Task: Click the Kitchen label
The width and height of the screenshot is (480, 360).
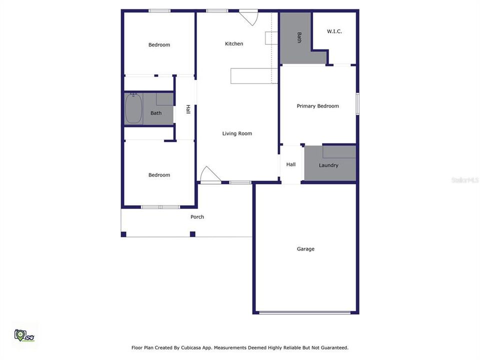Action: [234, 44]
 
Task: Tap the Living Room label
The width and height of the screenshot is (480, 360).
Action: [237, 133]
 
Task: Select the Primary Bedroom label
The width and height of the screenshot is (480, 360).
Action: [318, 106]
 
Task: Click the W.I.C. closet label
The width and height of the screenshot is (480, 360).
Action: [334, 31]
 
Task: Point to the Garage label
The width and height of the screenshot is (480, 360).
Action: [305, 249]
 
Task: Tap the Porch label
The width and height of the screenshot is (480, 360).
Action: [197, 216]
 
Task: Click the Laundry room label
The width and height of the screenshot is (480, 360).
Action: [328, 165]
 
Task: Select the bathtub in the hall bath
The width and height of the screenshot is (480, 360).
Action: [133, 108]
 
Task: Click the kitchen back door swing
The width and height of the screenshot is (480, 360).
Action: [248, 18]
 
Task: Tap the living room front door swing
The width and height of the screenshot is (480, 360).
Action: [210, 174]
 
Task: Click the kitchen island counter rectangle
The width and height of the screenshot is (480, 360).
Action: [254, 76]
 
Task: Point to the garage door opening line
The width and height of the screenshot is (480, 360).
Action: [304, 312]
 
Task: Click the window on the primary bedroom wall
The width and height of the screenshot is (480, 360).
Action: [357, 104]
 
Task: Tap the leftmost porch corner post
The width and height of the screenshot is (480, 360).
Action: [123, 234]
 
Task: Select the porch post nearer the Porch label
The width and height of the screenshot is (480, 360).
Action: [192, 234]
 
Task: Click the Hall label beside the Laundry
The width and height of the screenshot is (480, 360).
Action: [291, 164]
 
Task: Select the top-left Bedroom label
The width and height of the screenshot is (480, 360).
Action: [159, 44]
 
